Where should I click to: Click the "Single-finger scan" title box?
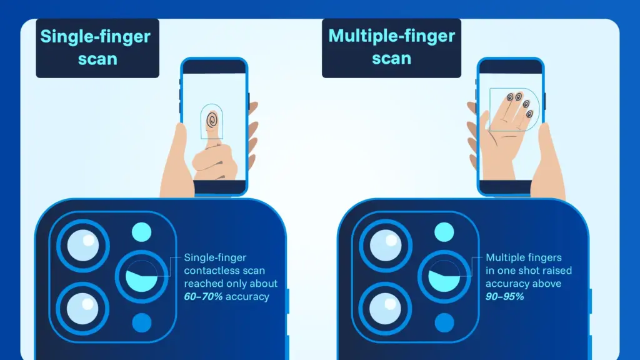coord(97,48)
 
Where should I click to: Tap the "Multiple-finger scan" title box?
coord(391,48)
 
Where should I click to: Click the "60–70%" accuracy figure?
coord(203,296)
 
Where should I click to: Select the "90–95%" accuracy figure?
coord(505,296)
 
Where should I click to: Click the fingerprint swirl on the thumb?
coord(212,120)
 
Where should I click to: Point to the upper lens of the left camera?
coord(83,246)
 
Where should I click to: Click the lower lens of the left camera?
coord(82,309)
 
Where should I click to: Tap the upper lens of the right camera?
coord(385,246)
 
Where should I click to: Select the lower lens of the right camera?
coord(385,309)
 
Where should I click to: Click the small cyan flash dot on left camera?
coord(142,232)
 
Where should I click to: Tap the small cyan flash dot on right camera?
coord(444,232)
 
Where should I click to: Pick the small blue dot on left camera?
coord(142,323)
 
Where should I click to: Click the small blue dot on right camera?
coord(444,323)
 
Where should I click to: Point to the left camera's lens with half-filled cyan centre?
coord(142,277)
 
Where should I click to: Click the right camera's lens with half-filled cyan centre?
coord(444,277)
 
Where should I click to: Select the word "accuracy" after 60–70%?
coord(247,296)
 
